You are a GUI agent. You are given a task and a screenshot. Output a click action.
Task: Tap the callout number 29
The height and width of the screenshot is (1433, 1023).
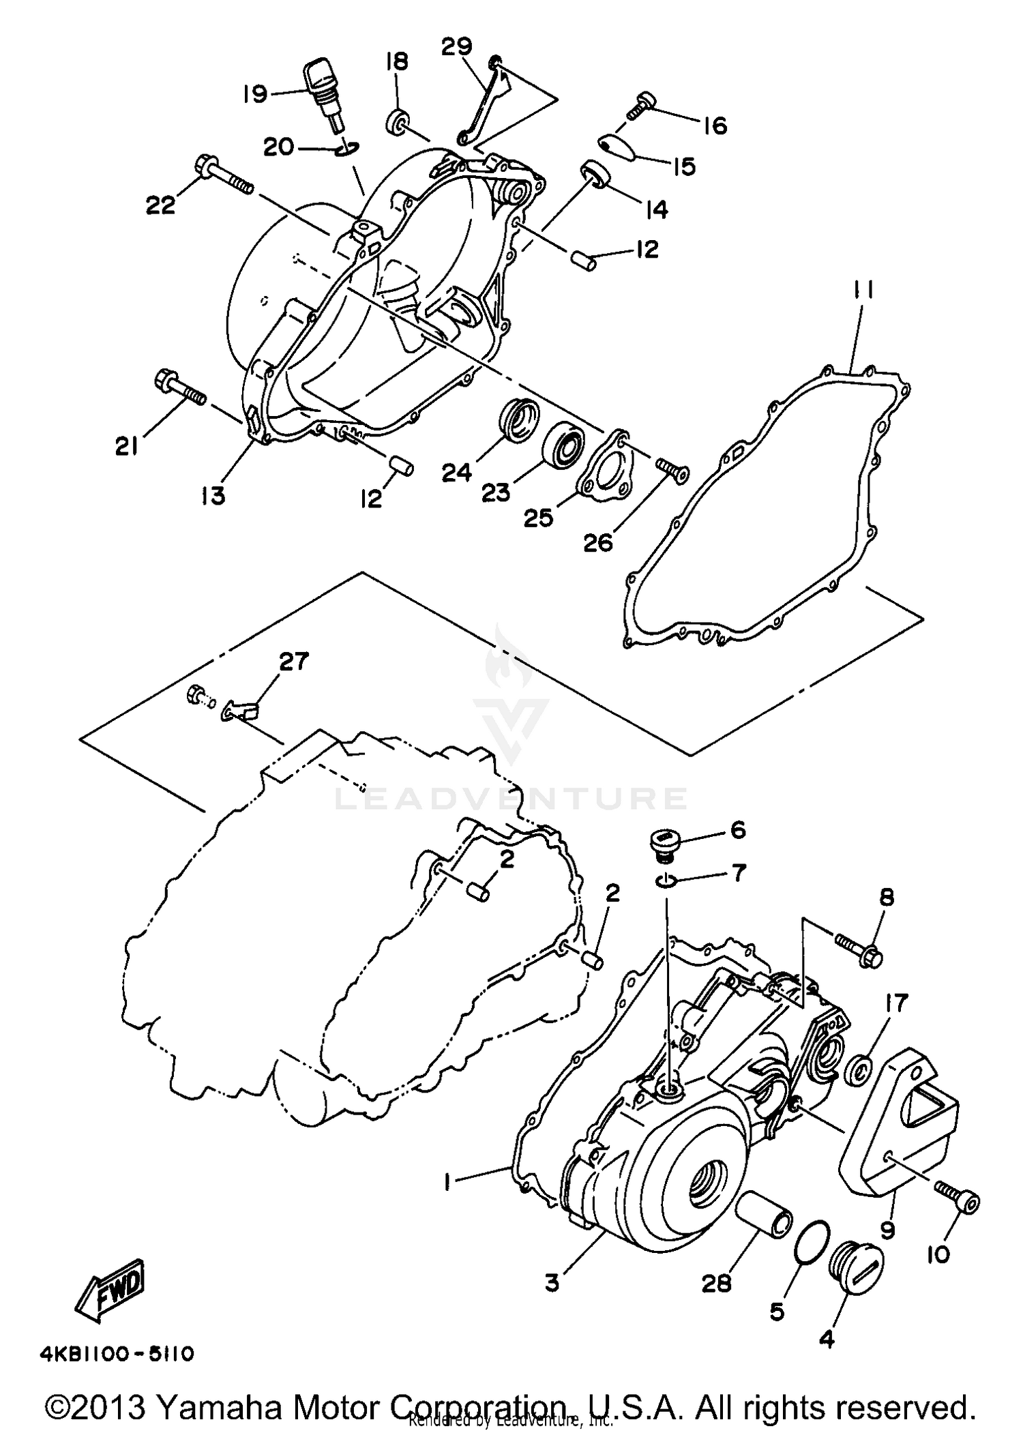click(x=456, y=46)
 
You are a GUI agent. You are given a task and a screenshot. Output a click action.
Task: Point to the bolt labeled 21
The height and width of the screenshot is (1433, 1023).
click(x=179, y=387)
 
